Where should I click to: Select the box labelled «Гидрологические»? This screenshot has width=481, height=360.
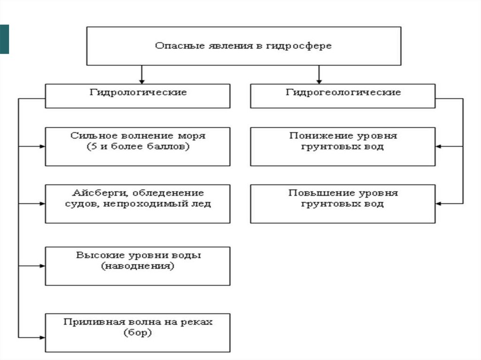coord(138,96)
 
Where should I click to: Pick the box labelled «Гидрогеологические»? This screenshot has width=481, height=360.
coord(343,96)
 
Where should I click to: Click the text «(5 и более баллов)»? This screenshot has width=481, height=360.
coord(138,147)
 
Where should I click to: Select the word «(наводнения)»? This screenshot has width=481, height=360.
coord(138,266)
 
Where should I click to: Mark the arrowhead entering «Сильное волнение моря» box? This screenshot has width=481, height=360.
coord(42,146)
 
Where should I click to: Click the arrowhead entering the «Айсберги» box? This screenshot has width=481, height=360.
coord(42,204)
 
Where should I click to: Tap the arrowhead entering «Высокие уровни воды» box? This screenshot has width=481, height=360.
coord(42,266)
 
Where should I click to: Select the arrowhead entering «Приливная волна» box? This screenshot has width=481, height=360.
coord(42,337)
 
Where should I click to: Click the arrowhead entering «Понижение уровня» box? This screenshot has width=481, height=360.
coord(439,146)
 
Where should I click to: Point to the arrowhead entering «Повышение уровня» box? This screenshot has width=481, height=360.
coord(439,204)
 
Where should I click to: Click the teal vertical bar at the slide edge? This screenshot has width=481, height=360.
coord(4,38)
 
